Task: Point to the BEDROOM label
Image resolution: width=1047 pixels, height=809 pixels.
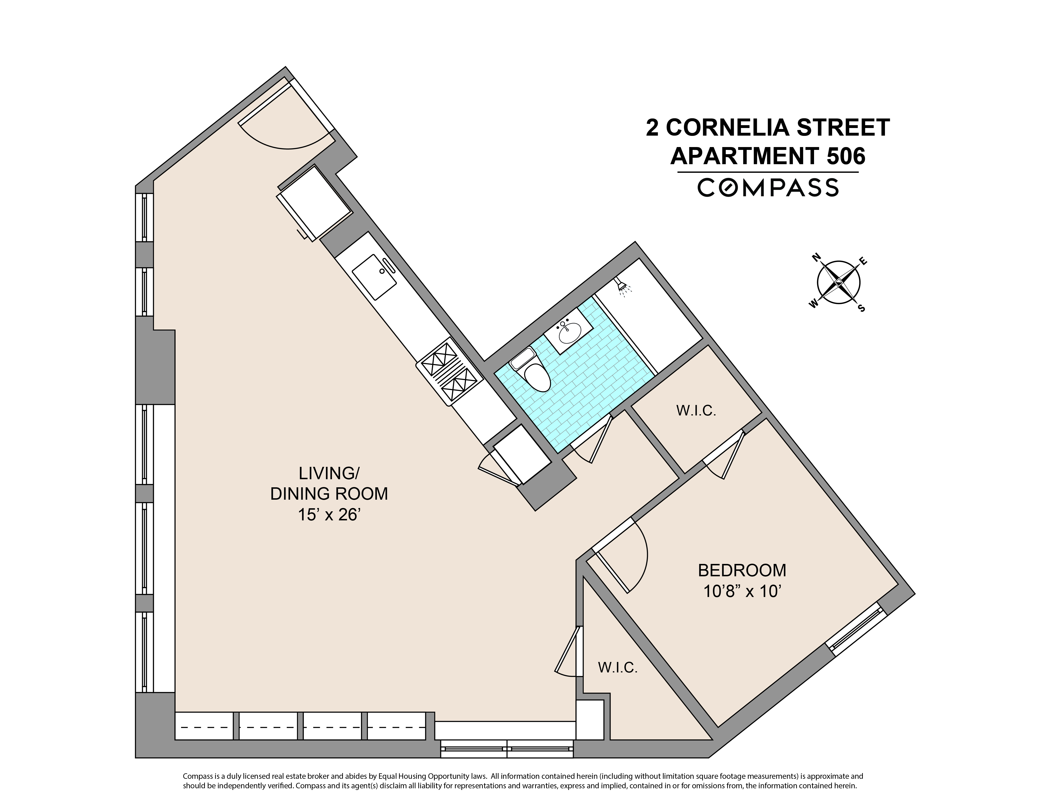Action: (742, 570)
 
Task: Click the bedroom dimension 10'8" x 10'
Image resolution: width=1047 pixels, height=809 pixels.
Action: (742, 592)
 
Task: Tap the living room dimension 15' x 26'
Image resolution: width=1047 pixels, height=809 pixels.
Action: (329, 515)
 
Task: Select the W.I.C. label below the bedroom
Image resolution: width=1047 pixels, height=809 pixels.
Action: (617, 668)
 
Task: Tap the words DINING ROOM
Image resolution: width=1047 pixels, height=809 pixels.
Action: (329, 494)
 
